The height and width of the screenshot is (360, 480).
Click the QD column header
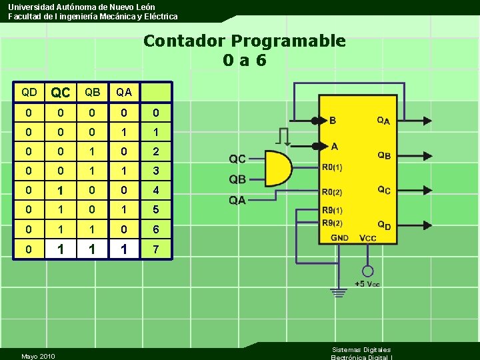coord(29,92)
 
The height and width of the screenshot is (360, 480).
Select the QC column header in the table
coord(61,92)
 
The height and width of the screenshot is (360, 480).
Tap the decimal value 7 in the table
coord(155,249)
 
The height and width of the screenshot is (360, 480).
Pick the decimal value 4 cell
coord(155,191)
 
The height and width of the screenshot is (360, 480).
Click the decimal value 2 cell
coord(155,151)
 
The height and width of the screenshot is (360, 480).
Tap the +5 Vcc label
coord(367,285)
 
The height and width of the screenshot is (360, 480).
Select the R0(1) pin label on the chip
coord(333,167)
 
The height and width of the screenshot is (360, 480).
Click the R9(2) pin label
coord(333,223)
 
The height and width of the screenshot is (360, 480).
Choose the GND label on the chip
coord(339,238)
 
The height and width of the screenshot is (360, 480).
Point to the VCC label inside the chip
coord(367,238)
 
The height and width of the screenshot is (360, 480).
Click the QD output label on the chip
coord(384,225)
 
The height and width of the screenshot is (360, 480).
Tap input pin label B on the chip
coord(333,121)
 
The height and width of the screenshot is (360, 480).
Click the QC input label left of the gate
coord(237,159)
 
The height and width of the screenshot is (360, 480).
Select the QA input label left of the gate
coord(237,200)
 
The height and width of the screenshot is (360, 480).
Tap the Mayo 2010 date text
coord(38,357)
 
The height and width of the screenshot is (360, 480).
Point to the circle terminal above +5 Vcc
coord(367,272)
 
